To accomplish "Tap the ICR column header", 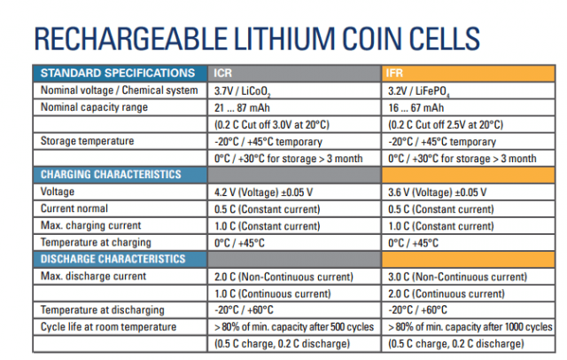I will [x=223, y=73].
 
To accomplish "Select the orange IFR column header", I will [x=396, y=73].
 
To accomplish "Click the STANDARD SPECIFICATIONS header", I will [x=118, y=73].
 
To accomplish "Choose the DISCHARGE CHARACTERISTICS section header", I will [x=113, y=259].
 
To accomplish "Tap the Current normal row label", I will [x=74, y=208].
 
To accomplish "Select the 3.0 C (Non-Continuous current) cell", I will [x=458, y=277].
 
